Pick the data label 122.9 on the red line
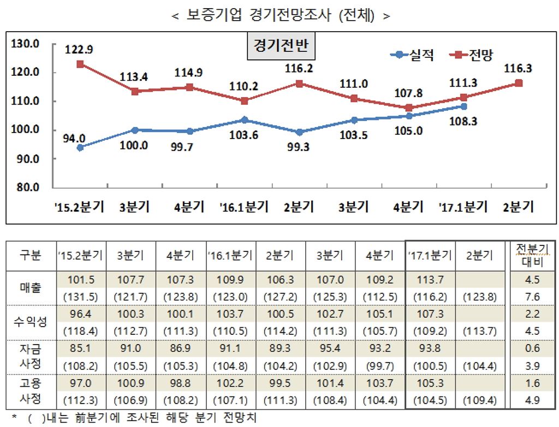click(x=80, y=50)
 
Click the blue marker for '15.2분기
click(x=80, y=147)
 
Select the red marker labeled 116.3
click(x=519, y=83)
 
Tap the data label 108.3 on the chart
click(x=464, y=122)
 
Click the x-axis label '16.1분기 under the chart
click(x=245, y=207)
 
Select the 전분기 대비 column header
click(x=528, y=255)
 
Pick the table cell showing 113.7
click(x=430, y=279)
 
